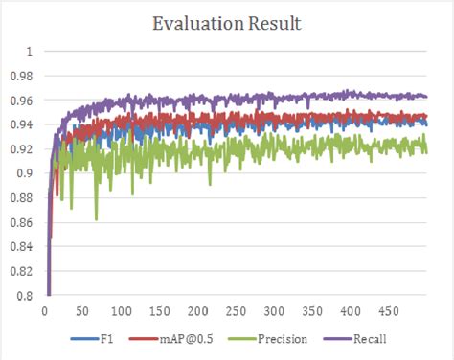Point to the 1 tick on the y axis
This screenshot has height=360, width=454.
pyautogui.click(x=30, y=51)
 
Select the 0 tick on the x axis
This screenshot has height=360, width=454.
pyautogui.click(x=45, y=312)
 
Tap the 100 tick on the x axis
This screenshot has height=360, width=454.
pyautogui.click(x=122, y=312)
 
